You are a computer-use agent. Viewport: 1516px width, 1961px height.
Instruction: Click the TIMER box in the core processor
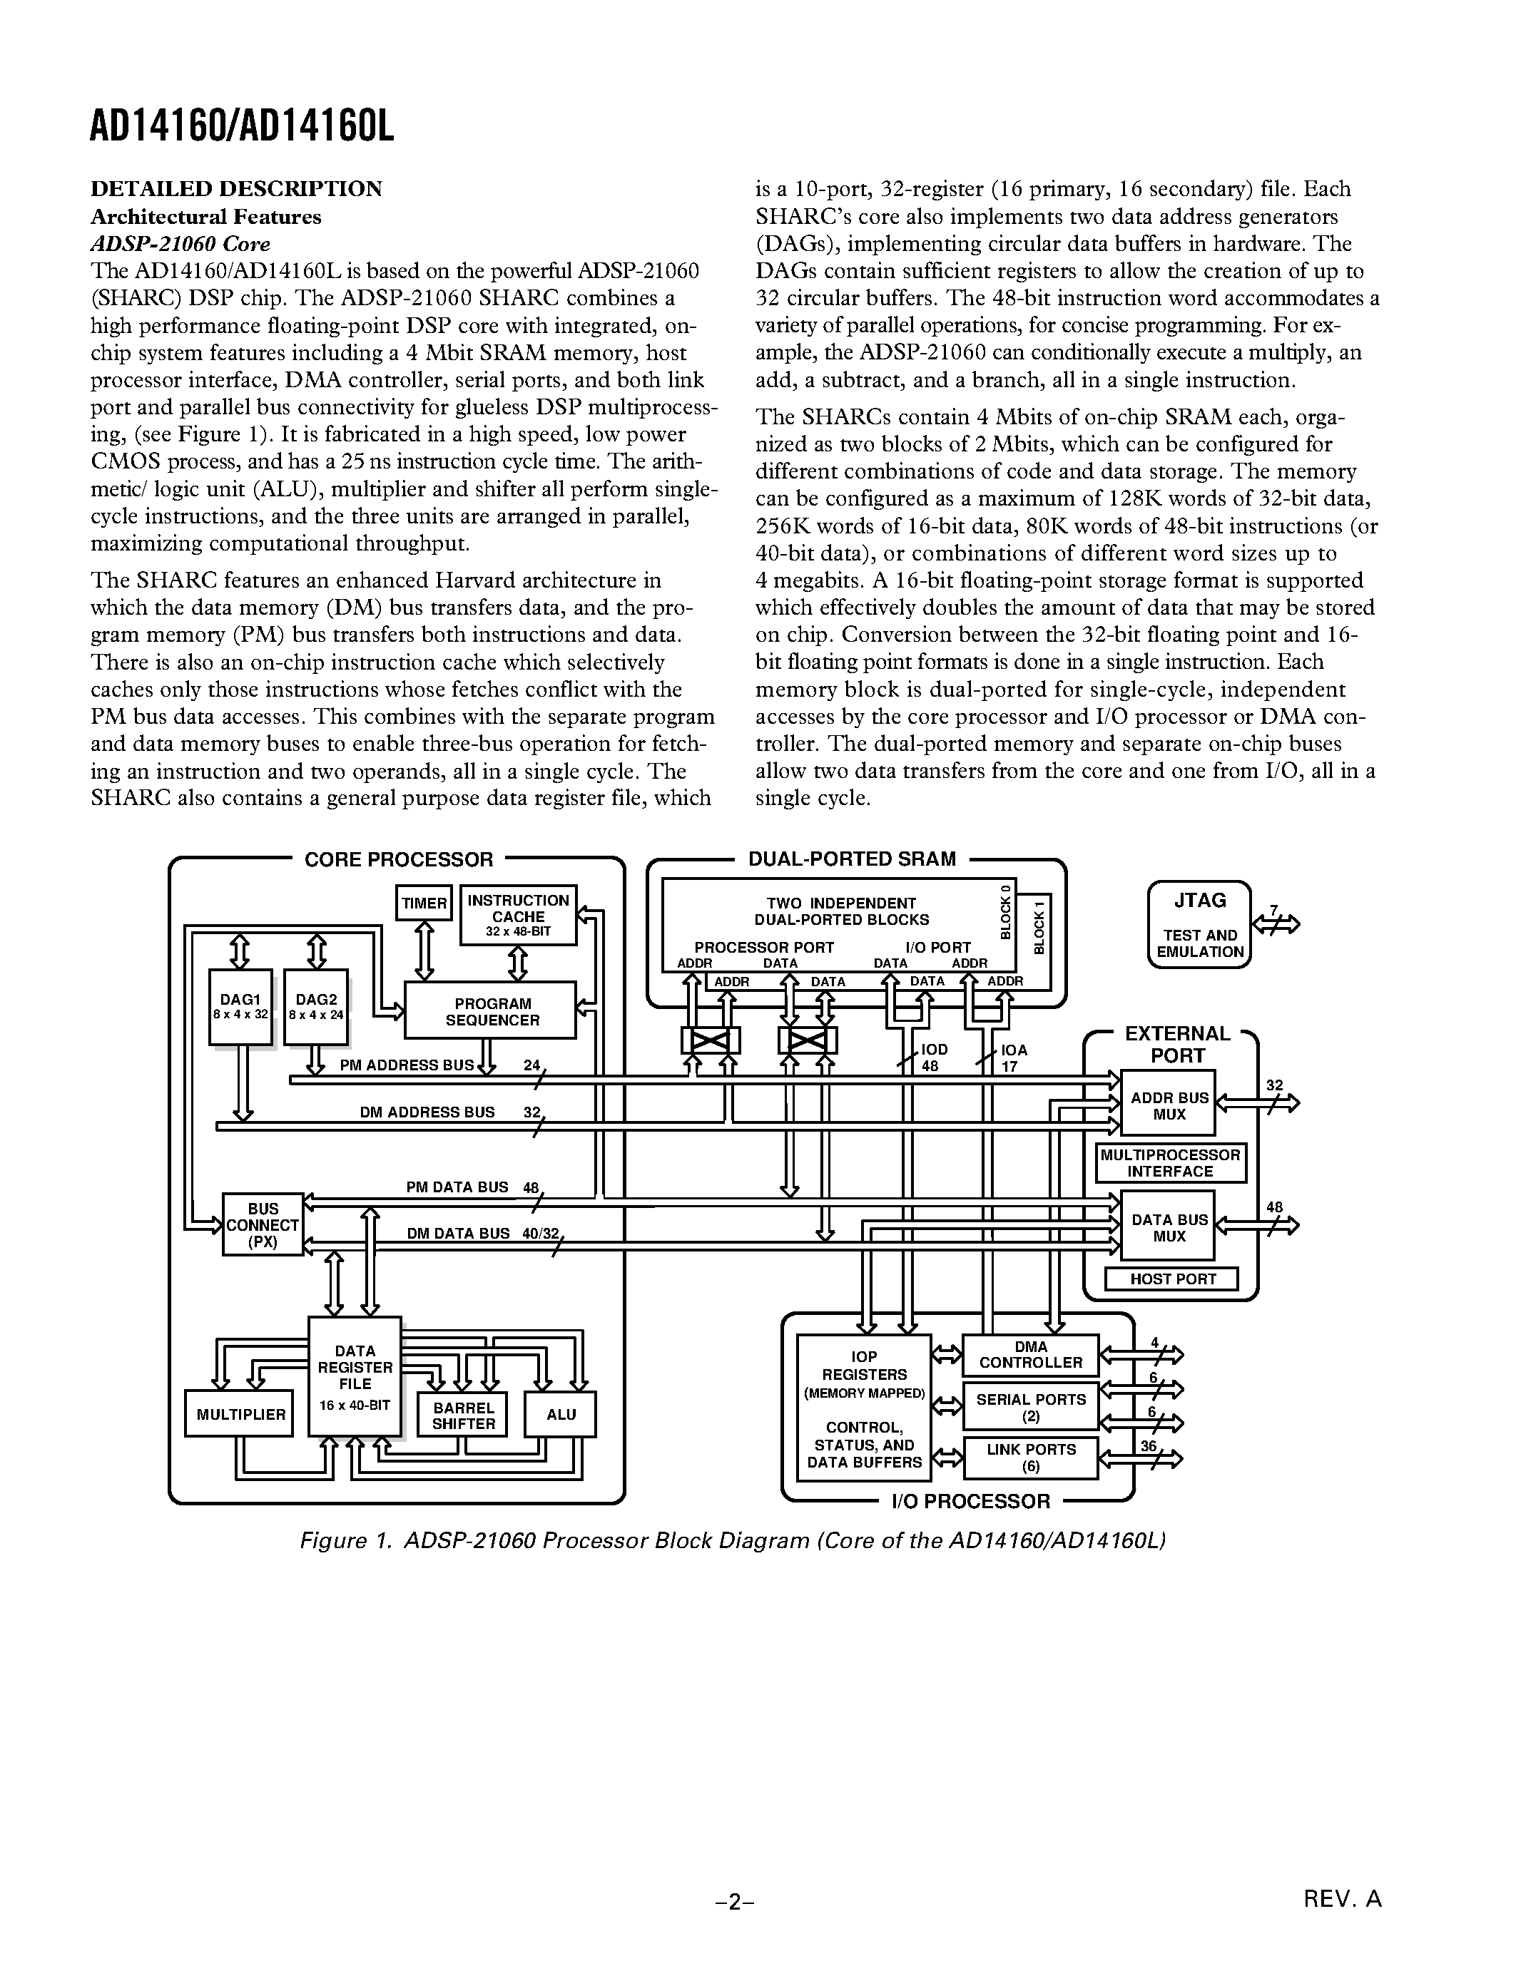point(424,902)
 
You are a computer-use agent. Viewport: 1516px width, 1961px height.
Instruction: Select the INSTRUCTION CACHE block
point(518,915)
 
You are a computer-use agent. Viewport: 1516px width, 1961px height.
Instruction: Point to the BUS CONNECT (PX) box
point(263,1224)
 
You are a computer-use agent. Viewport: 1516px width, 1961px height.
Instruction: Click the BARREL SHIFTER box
point(462,1415)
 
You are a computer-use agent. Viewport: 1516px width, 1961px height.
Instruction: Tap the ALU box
point(561,1414)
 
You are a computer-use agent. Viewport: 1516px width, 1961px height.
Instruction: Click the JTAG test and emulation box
point(1199,925)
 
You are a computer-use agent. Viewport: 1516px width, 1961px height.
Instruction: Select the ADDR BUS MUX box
point(1169,1105)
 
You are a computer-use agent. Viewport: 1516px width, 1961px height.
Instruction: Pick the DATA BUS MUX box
point(1169,1227)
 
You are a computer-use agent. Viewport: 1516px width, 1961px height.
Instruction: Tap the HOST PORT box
point(1171,1279)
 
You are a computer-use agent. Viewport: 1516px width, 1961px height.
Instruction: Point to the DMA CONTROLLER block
point(1030,1355)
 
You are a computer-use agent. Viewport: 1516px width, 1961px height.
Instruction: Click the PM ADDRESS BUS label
point(406,1065)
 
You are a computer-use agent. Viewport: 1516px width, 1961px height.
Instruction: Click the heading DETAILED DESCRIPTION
point(236,188)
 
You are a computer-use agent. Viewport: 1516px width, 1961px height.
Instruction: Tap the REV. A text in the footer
point(1342,1898)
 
